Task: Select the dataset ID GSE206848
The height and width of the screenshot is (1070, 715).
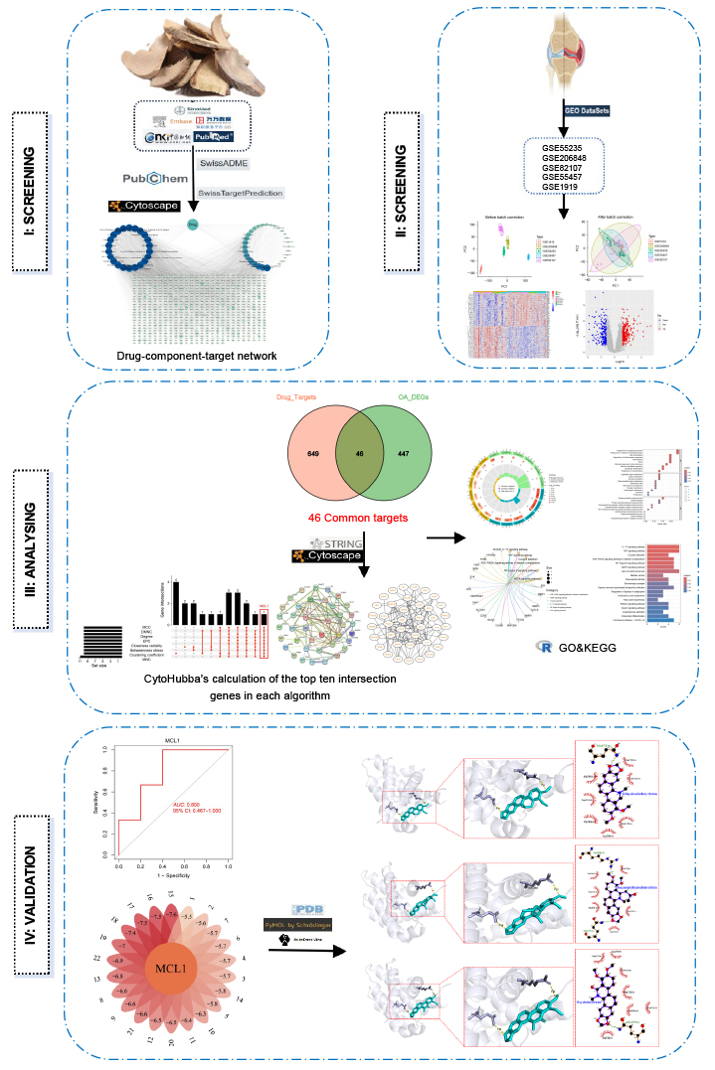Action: click(565, 156)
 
